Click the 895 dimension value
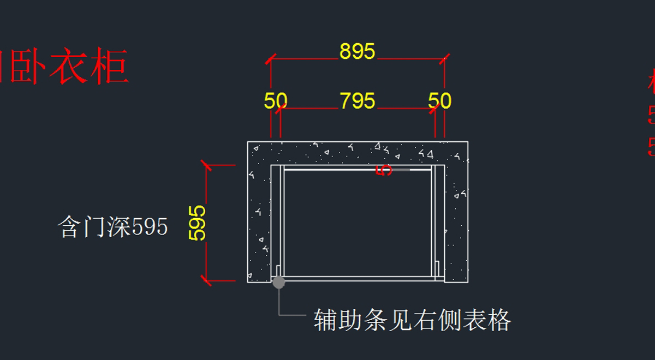pos(358,51)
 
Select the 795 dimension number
pos(358,101)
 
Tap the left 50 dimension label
pos(276,101)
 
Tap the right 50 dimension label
pos(439,101)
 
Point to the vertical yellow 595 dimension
pos(197,223)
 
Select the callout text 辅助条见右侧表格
pos(412,320)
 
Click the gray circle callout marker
pos(278,282)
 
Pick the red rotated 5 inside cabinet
pos(385,170)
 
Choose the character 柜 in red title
pos(110,67)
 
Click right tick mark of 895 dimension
pos(444,58)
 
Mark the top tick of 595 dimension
pos(206,165)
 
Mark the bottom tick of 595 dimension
pos(206,281)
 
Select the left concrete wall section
pos(259,218)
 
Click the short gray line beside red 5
pos(402,170)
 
